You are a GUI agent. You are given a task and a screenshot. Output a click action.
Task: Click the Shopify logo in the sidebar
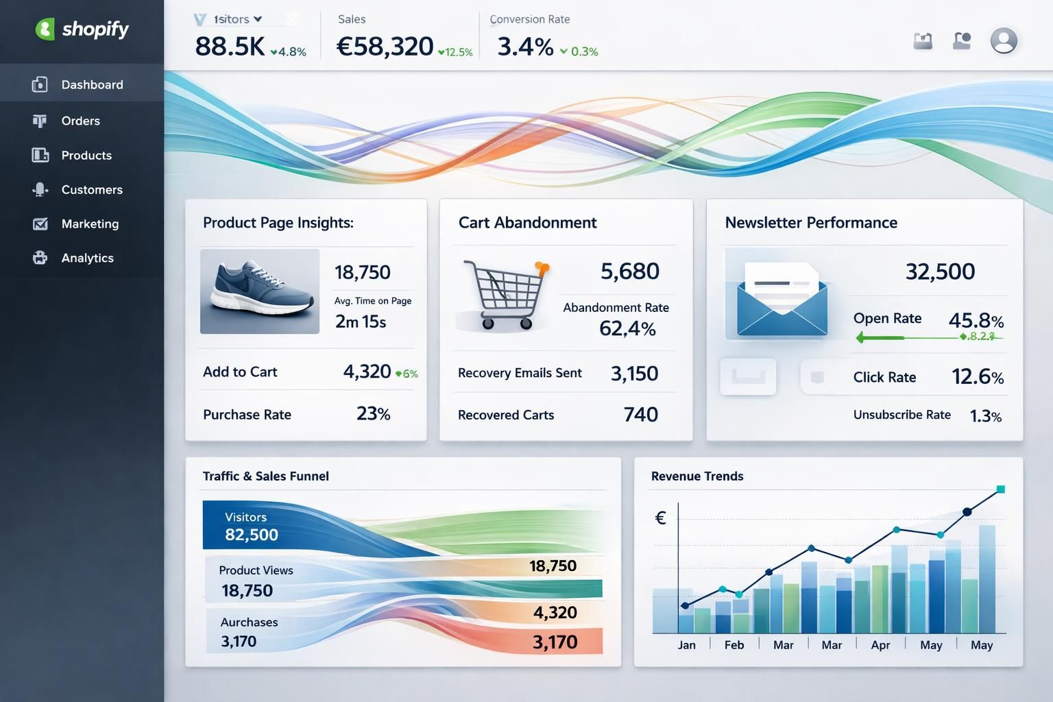click(x=82, y=29)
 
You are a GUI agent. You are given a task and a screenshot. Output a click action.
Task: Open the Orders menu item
click(x=80, y=121)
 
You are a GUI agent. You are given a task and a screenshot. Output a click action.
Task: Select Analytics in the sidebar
click(x=87, y=258)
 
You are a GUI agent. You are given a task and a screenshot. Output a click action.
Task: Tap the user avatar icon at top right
click(x=1003, y=40)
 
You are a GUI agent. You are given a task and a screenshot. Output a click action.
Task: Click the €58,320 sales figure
click(x=385, y=47)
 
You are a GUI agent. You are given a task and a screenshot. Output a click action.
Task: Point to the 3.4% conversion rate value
click(x=525, y=47)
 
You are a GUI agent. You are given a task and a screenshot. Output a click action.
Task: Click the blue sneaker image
click(x=260, y=291)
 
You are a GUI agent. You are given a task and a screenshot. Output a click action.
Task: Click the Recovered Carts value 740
click(x=640, y=414)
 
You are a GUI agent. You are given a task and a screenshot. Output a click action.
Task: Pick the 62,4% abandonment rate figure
click(x=627, y=328)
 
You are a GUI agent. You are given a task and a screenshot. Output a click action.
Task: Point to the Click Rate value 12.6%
click(x=977, y=376)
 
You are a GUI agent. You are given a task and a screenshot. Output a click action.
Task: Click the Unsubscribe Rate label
click(x=901, y=415)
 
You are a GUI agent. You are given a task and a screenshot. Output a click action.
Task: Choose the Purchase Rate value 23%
click(x=373, y=413)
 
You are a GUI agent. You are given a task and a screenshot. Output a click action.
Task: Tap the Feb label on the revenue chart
click(x=734, y=645)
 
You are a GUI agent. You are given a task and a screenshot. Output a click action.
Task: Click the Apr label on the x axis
click(x=880, y=645)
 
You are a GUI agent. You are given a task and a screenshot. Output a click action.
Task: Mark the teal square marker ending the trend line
click(x=1000, y=489)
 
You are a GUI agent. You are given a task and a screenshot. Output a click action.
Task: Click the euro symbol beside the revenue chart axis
click(x=660, y=518)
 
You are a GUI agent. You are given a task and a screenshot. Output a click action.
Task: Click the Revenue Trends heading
click(x=697, y=476)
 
